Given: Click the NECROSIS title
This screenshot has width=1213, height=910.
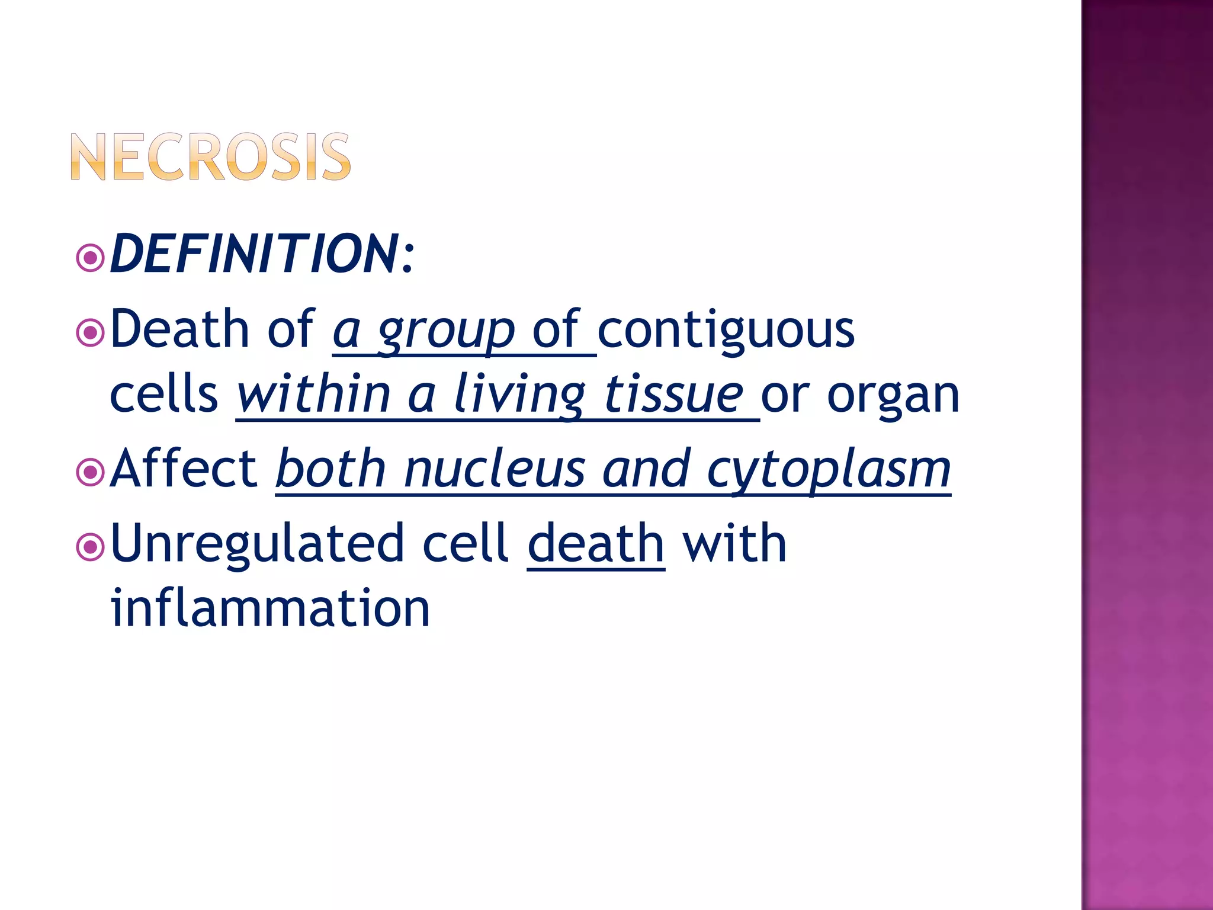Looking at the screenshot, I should [x=211, y=156].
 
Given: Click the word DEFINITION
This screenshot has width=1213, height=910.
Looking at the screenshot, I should [x=255, y=254].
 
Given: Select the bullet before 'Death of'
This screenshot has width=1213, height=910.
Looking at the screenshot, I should [x=90, y=332].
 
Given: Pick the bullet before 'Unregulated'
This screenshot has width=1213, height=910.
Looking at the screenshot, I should [x=90, y=547].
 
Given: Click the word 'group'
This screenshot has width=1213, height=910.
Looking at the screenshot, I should [x=446, y=332].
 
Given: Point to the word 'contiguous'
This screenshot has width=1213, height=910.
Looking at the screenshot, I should [x=726, y=331].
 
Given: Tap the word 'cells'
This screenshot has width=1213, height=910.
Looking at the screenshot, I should [x=163, y=395].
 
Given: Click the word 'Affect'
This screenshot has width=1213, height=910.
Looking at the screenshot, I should [x=184, y=469].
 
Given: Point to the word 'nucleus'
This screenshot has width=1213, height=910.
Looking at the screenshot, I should [x=495, y=470].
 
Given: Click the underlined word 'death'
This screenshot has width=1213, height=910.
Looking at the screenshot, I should [x=596, y=544].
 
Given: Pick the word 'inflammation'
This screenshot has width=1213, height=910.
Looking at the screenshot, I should [x=270, y=608].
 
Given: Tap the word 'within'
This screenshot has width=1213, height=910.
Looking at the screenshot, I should [x=313, y=395].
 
